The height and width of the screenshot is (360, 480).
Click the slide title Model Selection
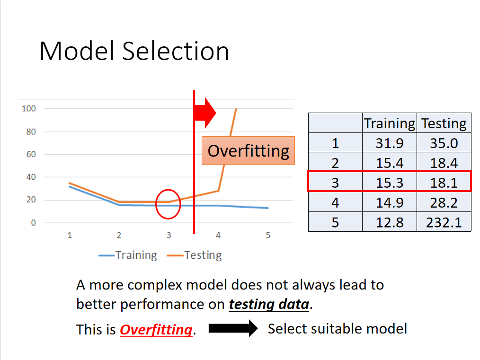134,51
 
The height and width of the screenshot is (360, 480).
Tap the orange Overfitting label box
248,150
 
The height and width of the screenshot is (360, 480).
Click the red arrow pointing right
205,113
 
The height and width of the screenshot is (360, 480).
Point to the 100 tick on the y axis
29,109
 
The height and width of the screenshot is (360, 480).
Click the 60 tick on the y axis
31,155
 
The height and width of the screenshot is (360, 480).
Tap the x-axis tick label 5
268,235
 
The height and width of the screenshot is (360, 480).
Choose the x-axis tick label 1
70,235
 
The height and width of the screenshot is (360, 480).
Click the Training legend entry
128,255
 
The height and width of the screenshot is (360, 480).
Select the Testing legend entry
194,255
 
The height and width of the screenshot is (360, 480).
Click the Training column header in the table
390,123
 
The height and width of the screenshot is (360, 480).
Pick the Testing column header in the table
444,123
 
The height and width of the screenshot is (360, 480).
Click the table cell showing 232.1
444,222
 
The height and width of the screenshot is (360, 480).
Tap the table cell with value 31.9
390,143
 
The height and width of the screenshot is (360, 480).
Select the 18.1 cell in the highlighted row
444,183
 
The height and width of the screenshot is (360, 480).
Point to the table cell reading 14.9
390,202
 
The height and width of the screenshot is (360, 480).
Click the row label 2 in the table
335,163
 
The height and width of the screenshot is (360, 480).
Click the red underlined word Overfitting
156,330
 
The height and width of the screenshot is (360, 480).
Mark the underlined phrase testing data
269,304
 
